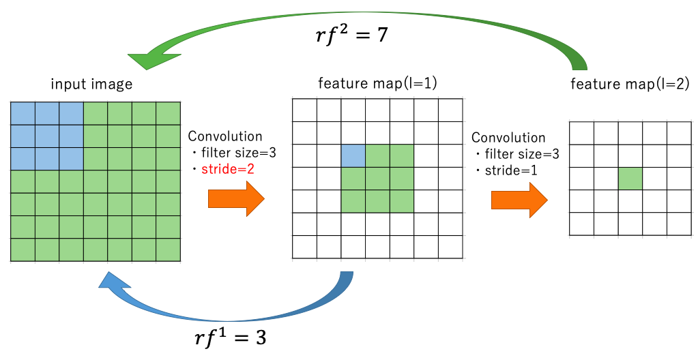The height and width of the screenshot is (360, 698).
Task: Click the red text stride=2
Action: click(228, 168)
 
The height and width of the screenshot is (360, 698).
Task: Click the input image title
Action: click(91, 85)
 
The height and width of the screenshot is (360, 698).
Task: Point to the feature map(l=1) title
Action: click(377, 84)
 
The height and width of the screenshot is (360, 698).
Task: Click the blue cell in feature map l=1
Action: click(353, 156)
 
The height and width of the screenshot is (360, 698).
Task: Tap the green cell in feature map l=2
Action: click(630, 179)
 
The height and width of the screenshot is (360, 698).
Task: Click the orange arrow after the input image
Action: click(236, 200)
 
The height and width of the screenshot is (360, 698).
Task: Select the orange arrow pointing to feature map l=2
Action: click(519, 200)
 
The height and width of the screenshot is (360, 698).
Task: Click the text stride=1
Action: click(510, 170)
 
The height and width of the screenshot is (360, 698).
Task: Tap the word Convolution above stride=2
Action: click(225, 136)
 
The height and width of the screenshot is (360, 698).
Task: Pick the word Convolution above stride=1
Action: click(508, 138)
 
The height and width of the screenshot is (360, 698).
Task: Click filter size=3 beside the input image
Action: click(233, 152)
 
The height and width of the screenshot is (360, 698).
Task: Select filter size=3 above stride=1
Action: click(517, 154)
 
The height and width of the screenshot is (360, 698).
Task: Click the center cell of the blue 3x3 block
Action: click(47, 136)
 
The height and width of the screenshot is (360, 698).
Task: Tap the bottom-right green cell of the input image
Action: click(169, 250)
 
